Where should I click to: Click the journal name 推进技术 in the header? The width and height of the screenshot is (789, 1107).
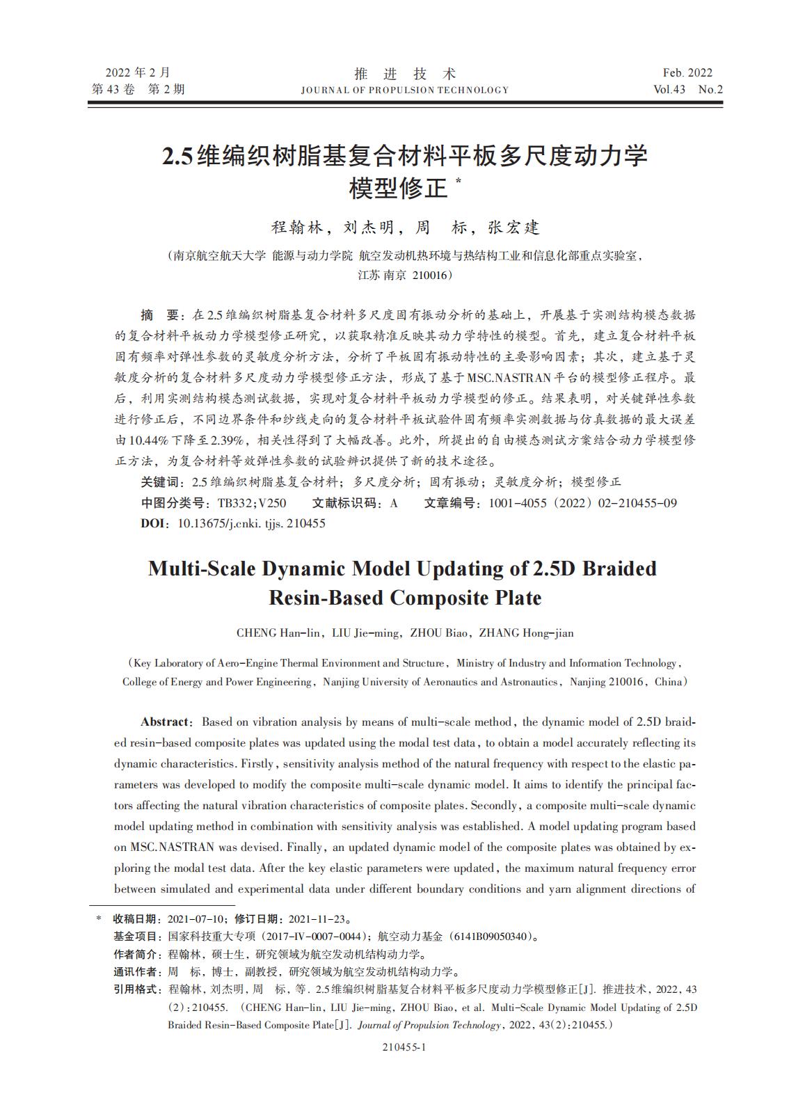tap(405, 74)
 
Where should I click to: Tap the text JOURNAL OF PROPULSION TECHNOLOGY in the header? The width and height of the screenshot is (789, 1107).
tap(405, 90)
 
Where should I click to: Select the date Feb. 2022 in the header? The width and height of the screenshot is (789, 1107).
tap(687, 73)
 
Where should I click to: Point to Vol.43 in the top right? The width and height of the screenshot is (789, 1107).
tap(669, 90)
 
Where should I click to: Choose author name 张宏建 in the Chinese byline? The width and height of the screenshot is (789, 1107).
tap(513, 228)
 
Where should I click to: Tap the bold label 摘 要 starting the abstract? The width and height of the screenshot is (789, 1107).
tap(159, 315)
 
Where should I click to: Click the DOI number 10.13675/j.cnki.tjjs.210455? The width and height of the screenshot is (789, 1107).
tap(252, 523)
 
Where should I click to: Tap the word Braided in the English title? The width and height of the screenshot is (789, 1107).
tap(619, 568)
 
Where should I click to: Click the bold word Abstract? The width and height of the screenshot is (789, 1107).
tap(164, 722)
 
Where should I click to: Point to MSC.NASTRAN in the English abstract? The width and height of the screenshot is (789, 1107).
tap(166, 847)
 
